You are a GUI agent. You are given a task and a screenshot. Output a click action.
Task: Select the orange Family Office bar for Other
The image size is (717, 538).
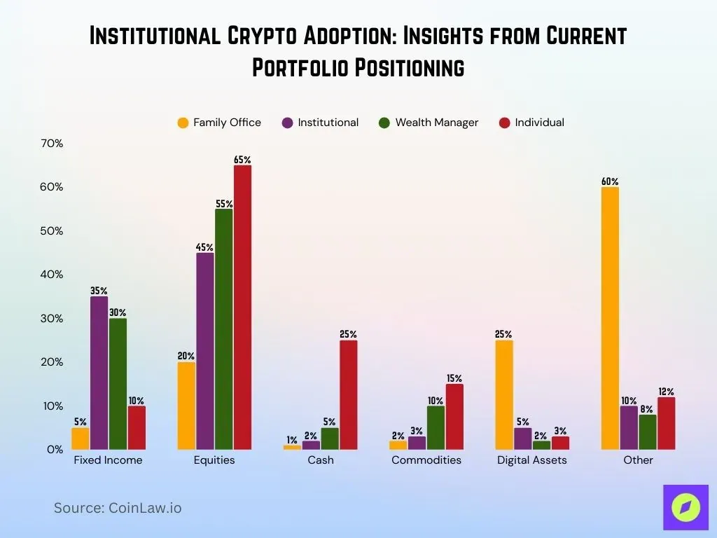[x=610, y=318]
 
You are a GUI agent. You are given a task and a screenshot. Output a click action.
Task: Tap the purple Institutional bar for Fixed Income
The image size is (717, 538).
[x=99, y=373]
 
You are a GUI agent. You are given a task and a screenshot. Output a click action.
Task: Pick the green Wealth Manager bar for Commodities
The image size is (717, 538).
[x=436, y=427]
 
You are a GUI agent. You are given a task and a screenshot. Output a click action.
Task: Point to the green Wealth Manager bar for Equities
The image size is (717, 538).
[x=224, y=329]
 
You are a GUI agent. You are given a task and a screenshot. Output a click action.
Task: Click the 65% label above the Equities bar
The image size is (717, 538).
[x=242, y=160]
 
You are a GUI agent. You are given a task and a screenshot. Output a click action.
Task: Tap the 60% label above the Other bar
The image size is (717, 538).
[x=610, y=181]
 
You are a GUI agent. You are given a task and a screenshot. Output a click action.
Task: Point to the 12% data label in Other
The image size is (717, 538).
[x=666, y=392]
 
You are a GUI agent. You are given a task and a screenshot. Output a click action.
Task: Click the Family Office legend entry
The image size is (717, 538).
[x=219, y=123]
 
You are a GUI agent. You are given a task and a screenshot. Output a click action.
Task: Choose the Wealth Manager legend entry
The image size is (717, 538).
[x=429, y=123]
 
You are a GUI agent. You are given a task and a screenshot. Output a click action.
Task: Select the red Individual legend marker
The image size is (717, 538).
[x=504, y=123]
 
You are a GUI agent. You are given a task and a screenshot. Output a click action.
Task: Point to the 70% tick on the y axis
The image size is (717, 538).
[x=52, y=144]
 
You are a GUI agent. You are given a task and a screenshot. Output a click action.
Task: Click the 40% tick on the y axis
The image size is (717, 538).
[x=52, y=275]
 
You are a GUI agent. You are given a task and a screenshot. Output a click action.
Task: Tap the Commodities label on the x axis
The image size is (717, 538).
[x=426, y=460]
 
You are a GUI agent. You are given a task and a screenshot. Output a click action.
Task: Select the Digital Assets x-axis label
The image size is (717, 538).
[x=532, y=460]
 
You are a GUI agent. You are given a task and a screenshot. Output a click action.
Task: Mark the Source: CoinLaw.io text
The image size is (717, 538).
[x=118, y=508]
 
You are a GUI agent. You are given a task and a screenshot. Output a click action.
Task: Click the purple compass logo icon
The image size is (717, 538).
[x=685, y=507]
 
